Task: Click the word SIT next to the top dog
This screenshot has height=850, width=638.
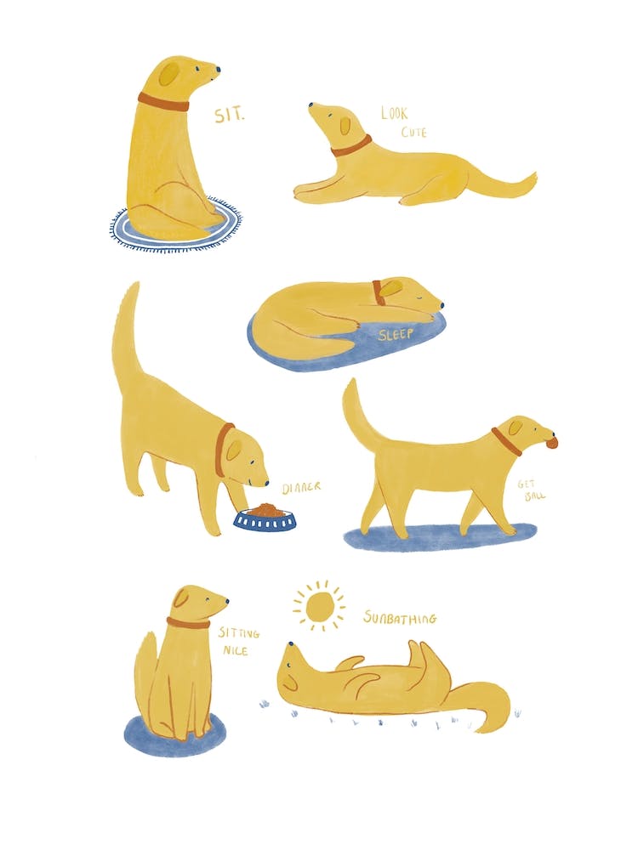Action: click(228, 116)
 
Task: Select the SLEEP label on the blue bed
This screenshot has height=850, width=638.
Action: click(396, 334)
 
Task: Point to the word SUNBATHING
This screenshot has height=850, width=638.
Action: click(400, 618)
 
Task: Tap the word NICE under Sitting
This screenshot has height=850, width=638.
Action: click(235, 651)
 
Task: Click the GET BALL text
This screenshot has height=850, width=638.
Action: click(532, 490)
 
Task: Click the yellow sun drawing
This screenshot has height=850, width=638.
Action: click(320, 607)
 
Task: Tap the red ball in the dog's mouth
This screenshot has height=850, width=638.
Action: click(552, 442)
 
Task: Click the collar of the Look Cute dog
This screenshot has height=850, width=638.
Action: click(351, 147)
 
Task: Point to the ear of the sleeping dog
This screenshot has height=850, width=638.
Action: click(390, 289)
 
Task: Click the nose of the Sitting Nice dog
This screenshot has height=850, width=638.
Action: click(226, 602)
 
